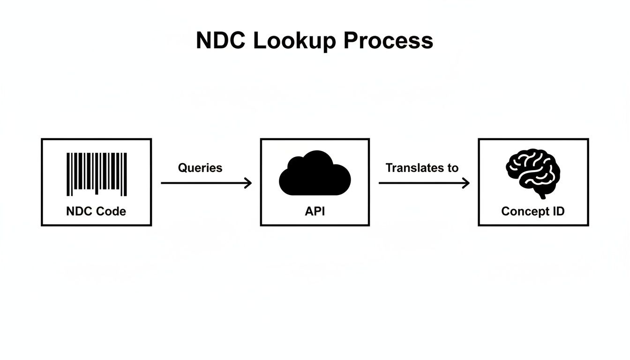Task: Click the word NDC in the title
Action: pyautogui.click(x=220, y=41)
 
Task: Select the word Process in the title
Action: pyautogui.click(x=388, y=41)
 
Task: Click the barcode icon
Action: pyautogui.click(x=97, y=174)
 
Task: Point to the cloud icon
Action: pyautogui.click(x=315, y=174)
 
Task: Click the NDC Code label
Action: pyautogui.click(x=96, y=211)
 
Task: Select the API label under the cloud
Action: pyautogui.click(x=315, y=211)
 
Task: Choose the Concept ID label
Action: pyautogui.click(x=533, y=211)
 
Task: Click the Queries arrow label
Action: pyautogui.click(x=200, y=168)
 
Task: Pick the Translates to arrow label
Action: pyautogui.click(x=422, y=168)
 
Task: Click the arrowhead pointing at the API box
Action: pyautogui.click(x=248, y=183)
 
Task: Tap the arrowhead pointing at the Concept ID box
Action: pyautogui.click(x=466, y=183)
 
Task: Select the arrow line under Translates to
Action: pyautogui.click(x=422, y=183)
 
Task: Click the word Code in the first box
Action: pyautogui.click(x=111, y=211)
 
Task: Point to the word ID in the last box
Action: pyautogui.click(x=558, y=211)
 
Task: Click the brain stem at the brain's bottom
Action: pyautogui.click(x=542, y=194)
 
